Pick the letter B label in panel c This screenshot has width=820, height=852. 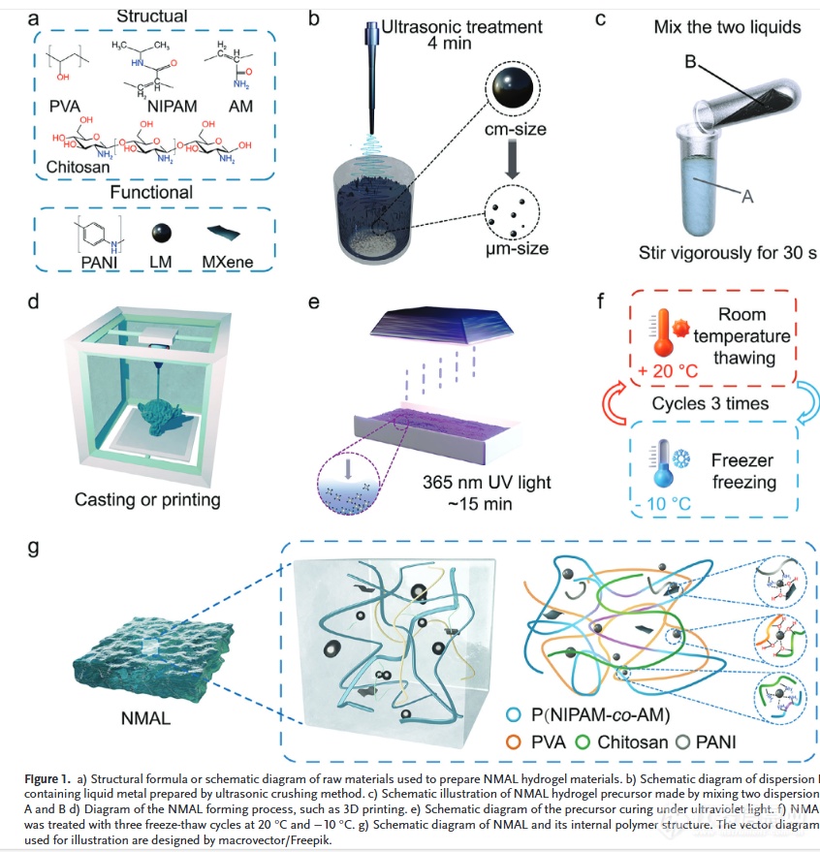pyautogui.click(x=691, y=62)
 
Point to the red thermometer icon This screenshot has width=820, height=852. pyautogui.click(x=661, y=332)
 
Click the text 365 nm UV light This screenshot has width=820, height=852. pyautogui.click(x=482, y=484)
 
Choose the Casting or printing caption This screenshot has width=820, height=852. pyautogui.click(x=147, y=500)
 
